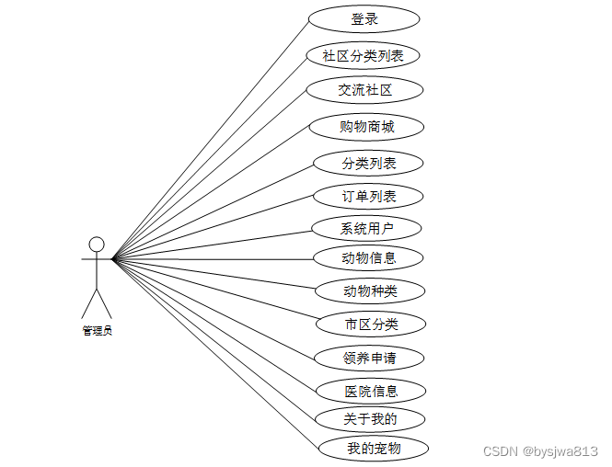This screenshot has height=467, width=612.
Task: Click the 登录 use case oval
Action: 364,18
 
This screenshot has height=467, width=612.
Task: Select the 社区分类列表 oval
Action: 363,55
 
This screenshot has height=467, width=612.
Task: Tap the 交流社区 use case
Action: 364,89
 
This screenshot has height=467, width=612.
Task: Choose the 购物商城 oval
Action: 366,126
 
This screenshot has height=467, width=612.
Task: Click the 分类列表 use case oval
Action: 368,163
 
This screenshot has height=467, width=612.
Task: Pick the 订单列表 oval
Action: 368,196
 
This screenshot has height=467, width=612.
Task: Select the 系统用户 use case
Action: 366,228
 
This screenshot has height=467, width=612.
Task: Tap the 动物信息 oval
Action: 368,257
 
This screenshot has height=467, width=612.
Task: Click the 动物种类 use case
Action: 369,291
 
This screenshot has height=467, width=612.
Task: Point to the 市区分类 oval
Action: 371,324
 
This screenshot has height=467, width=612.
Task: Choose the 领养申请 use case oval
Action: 369,357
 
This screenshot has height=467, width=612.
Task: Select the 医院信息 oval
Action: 371,391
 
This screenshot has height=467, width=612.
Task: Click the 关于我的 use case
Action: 371,419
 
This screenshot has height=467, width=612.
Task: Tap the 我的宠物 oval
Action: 374,449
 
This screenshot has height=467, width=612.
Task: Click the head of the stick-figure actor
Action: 96,244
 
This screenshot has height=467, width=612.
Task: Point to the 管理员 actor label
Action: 97,331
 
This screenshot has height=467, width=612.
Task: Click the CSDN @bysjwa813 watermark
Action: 540,451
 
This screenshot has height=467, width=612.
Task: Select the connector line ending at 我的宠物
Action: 216,354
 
